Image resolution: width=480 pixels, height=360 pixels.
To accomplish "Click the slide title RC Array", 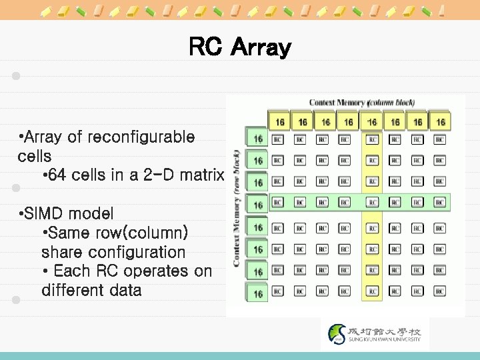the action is click(240, 47).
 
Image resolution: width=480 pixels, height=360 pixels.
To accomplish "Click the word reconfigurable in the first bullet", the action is click(140, 137).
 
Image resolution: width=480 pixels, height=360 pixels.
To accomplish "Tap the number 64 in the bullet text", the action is click(59, 175).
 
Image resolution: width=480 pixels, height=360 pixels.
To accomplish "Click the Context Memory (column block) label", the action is click(361, 102).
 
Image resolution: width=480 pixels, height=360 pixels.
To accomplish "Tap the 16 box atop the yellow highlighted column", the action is click(372, 121).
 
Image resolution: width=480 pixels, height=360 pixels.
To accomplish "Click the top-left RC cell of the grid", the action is click(278, 140).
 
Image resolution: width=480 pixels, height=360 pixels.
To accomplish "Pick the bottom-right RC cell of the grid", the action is click(440, 293).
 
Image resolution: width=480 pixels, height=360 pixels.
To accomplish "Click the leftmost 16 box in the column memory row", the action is click(279, 121).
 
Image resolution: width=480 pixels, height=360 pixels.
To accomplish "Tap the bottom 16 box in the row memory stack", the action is click(257, 293).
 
